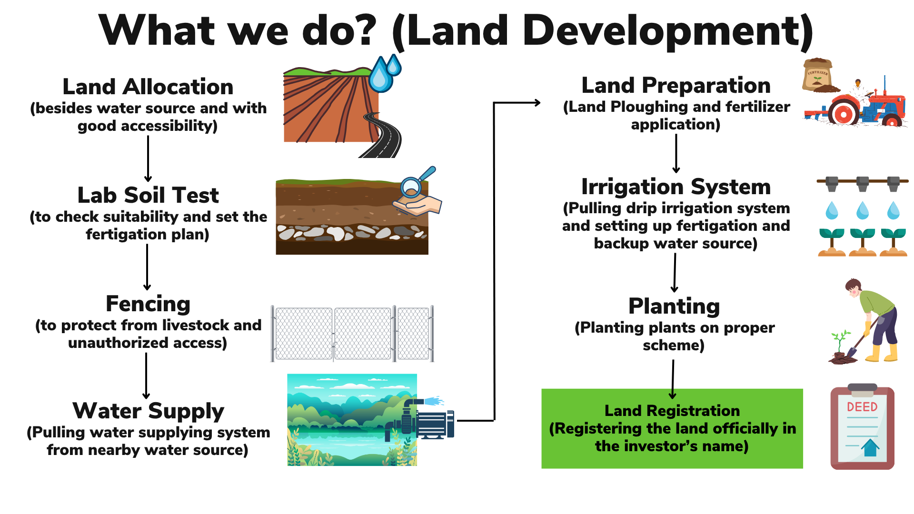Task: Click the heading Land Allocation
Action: pos(148,87)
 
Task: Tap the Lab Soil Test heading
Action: pos(148,195)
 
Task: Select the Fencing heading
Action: pos(148,304)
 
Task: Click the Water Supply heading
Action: pos(148,411)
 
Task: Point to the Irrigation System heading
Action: pos(676,187)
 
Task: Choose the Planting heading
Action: pos(674,306)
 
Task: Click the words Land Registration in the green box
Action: pos(672,411)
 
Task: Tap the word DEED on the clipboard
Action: pos(862,407)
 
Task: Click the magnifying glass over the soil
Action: pos(415,183)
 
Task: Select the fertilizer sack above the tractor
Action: pos(817,75)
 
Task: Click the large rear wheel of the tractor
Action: pos(844,113)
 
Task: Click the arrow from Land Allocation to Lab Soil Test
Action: pos(148,158)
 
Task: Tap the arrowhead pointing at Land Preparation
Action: pos(537,102)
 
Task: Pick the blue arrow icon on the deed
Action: pos(870,448)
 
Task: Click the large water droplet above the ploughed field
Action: pos(380,76)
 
